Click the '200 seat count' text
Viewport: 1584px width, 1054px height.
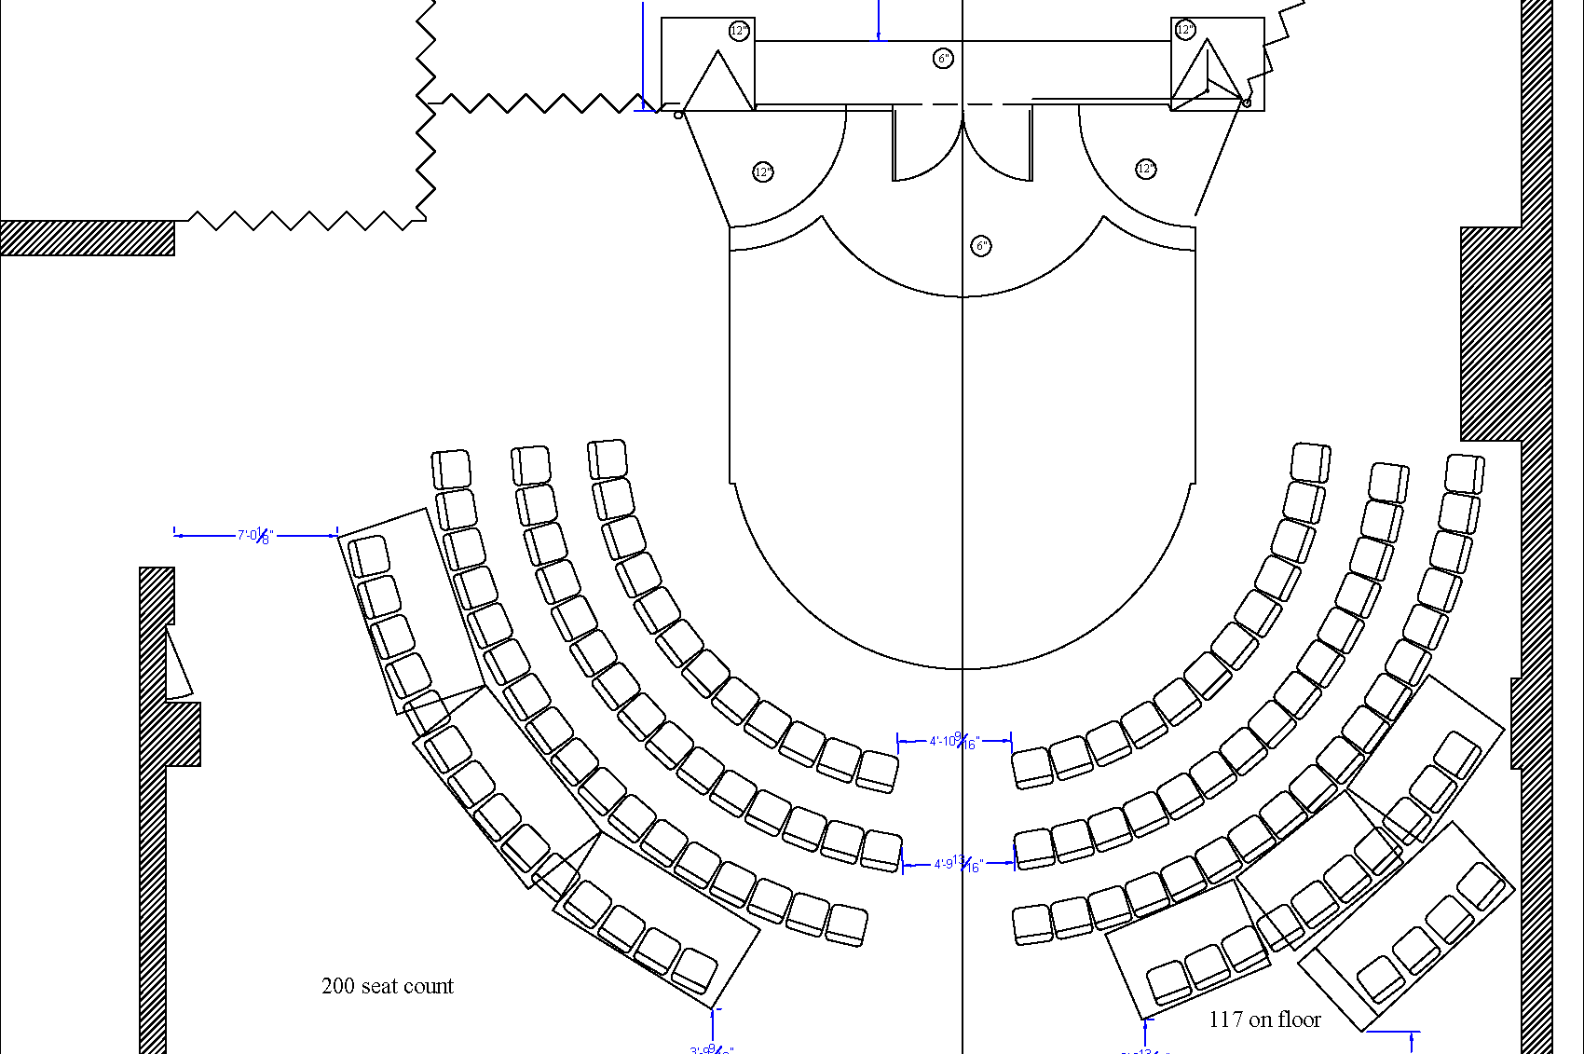[387, 986]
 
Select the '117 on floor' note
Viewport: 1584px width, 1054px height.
[1264, 1020]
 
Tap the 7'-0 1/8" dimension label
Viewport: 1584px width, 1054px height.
[253, 536]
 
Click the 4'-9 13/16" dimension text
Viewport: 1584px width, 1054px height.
[958, 864]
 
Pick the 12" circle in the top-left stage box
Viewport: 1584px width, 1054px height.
[739, 31]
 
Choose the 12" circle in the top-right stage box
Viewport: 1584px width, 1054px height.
[1185, 30]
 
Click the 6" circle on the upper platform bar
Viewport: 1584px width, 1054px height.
[944, 59]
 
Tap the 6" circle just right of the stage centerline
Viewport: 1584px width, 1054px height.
[982, 246]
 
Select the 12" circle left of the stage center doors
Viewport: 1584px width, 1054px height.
[763, 172]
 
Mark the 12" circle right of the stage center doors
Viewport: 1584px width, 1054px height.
[1146, 169]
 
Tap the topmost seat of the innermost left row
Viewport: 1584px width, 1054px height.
[608, 459]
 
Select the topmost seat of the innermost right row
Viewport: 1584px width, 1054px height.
[1310, 463]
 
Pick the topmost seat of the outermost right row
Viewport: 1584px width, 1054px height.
[1464, 473]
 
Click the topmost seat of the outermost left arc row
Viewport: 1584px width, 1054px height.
[452, 470]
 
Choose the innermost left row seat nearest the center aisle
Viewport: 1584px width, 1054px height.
[877, 771]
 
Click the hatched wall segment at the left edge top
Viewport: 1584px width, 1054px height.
[87, 238]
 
